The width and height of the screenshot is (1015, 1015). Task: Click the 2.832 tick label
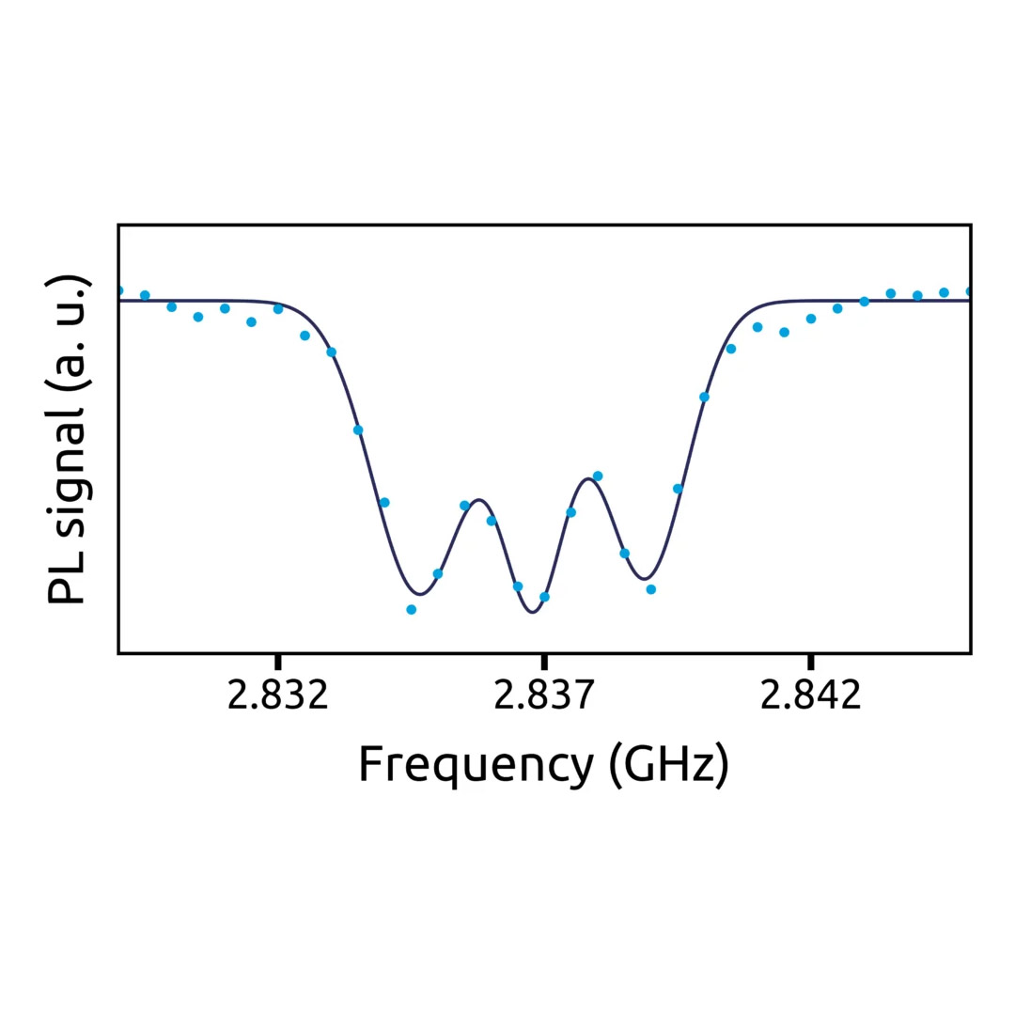point(278,696)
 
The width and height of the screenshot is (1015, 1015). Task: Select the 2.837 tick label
point(544,696)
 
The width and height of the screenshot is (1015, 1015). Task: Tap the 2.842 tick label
point(810,696)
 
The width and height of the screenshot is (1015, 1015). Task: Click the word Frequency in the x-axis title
point(476,765)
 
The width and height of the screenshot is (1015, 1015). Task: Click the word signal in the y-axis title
point(68,469)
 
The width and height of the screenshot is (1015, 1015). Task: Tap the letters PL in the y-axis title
point(68,578)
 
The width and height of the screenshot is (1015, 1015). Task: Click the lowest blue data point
point(411,610)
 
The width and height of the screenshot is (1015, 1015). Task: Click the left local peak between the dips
point(478,499)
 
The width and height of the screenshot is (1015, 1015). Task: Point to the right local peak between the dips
point(588,479)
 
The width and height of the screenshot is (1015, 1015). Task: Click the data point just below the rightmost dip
point(651,589)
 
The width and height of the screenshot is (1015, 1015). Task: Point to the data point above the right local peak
point(598,476)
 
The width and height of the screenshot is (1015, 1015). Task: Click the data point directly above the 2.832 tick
point(278,309)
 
